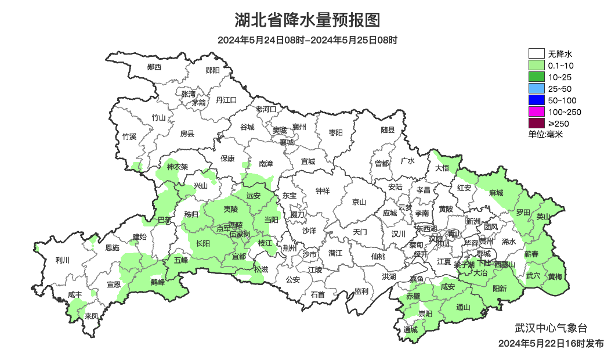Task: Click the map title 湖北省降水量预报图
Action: pos(307,20)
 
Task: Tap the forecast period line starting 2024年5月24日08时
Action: pos(307,41)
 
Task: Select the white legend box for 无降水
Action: pos(536,54)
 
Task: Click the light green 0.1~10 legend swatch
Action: pos(536,66)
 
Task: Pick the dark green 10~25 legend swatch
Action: pos(536,77)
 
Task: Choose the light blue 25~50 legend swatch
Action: pos(536,89)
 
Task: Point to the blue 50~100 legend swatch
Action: pos(536,100)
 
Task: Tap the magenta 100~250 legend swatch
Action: pos(536,112)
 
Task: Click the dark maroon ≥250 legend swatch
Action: pos(536,123)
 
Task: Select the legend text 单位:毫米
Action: pos(545,135)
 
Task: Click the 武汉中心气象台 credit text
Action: pos(543,328)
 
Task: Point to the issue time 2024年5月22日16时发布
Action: pos(551,344)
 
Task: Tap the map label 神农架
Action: pos(178,167)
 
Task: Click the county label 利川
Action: pos(62,260)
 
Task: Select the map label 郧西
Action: pos(154,67)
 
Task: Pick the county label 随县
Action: pos(388,130)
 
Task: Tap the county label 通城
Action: pos(411,330)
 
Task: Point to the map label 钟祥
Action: pos(322,190)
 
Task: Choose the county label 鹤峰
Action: pos(158,282)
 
